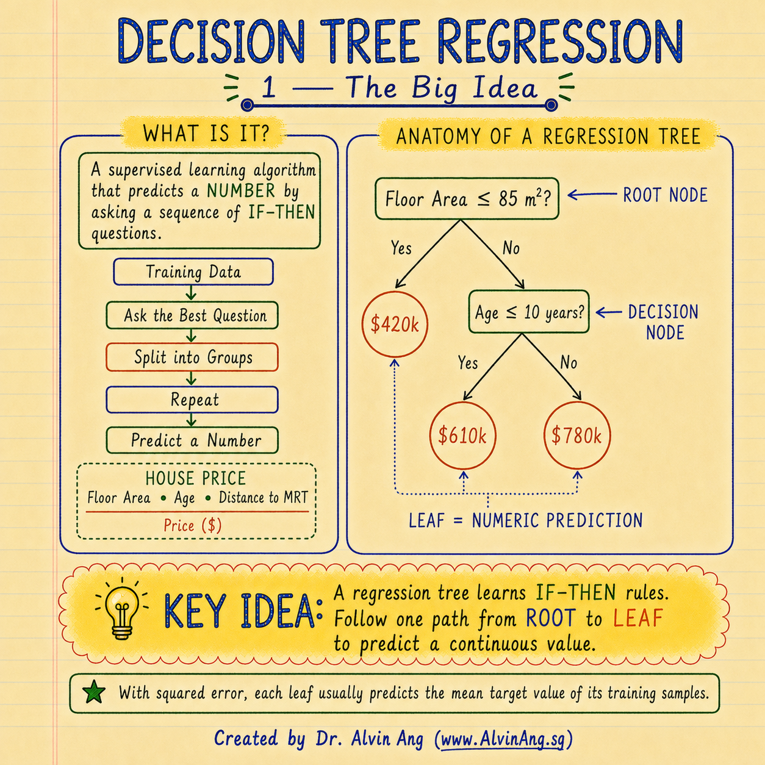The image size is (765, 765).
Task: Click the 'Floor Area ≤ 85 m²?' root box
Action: (467, 198)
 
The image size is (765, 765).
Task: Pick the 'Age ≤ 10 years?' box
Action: (529, 312)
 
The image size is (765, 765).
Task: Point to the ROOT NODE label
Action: (665, 195)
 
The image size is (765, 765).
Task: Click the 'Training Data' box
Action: (193, 272)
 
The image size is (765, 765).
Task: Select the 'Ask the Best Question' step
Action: (192, 315)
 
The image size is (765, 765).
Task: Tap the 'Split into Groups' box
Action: (192, 357)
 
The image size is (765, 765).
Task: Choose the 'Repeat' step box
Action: (192, 400)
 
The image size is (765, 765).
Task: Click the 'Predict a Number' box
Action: (192, 440)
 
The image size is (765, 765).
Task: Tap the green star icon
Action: (94, 692)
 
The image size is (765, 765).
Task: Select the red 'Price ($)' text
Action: (193, 526)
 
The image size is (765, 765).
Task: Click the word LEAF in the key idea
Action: (638, 618)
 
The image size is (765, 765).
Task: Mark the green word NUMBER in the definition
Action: (240, 191)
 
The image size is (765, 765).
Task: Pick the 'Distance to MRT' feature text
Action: (263, 497)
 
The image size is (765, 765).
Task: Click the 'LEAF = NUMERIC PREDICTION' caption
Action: (526, 520)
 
